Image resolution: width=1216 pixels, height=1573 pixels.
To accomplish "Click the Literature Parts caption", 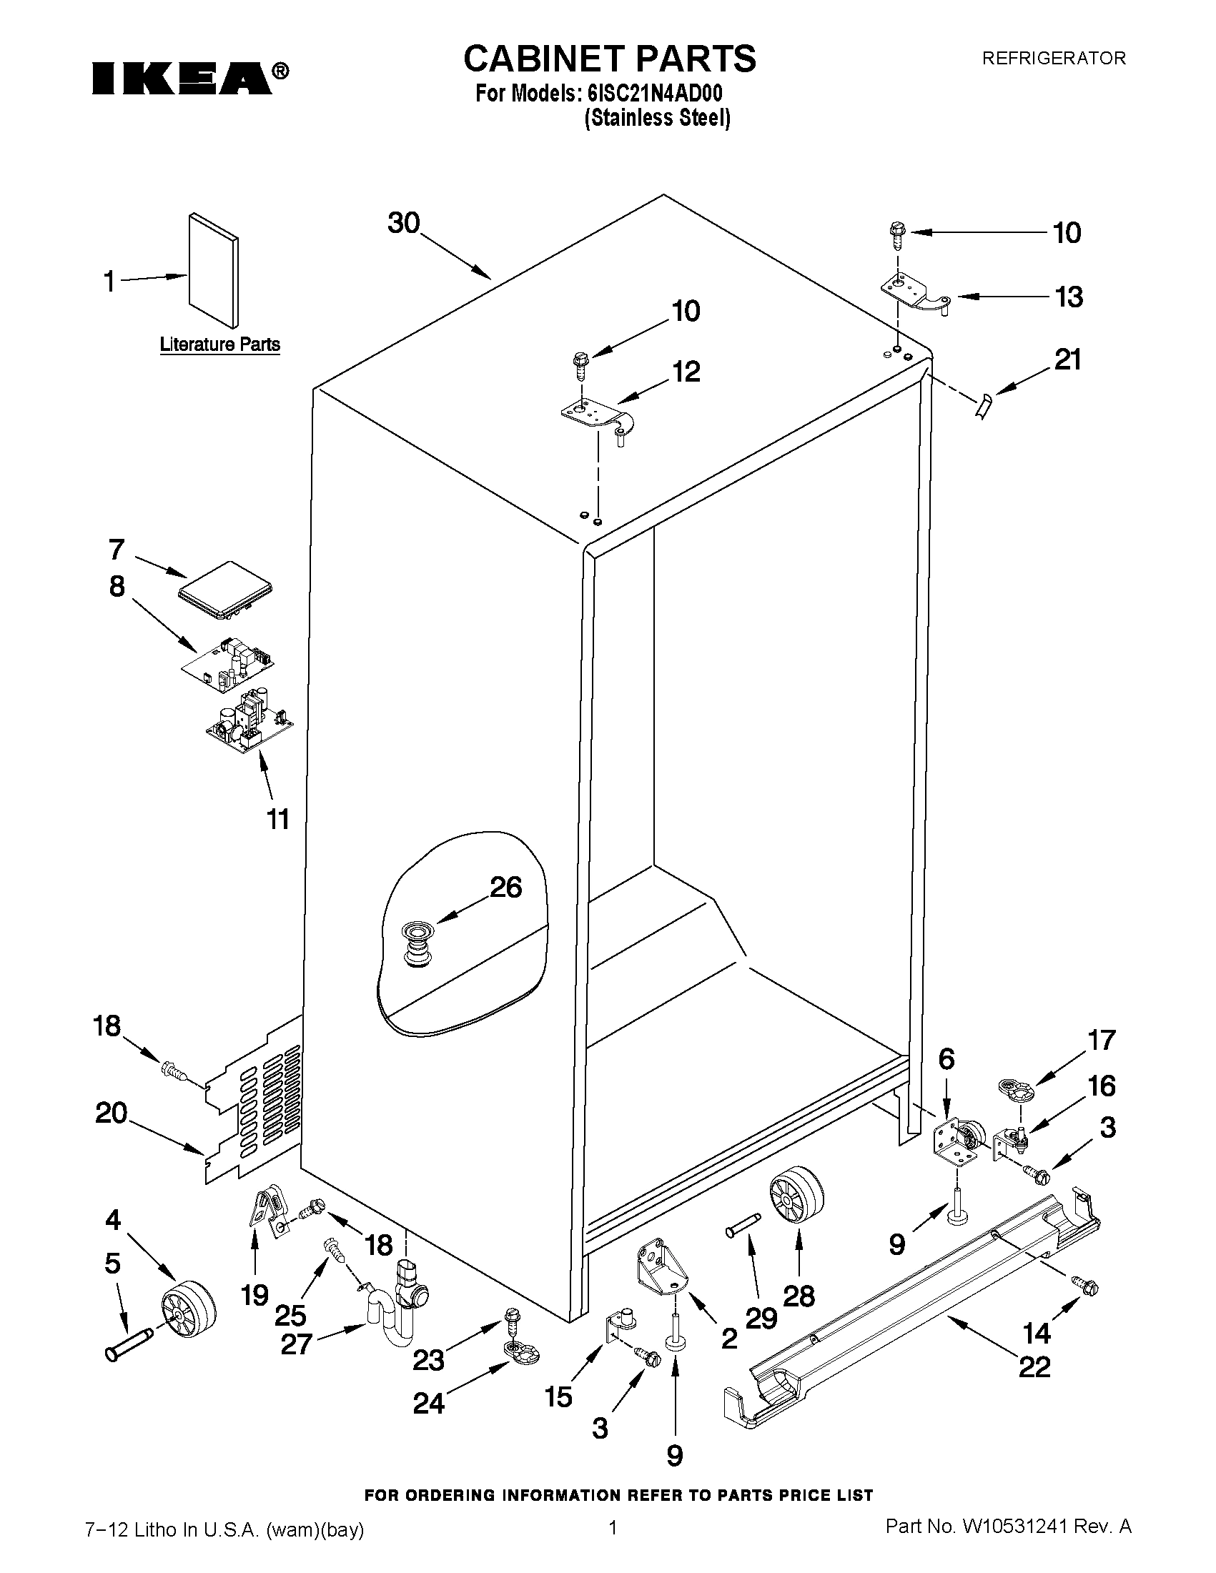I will pyautogui.click(x=219, y=344).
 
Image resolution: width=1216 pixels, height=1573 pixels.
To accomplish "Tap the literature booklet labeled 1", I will pyautogui.click(x=213, y=270).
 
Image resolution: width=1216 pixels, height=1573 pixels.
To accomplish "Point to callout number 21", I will pyautogui.click(x=1067, y=359).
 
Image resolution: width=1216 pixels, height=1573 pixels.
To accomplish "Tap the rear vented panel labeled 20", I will pyautogui.click(x=252, y=1102).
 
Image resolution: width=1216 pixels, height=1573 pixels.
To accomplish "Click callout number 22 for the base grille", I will pyautogui.click(x=1034, y=1366).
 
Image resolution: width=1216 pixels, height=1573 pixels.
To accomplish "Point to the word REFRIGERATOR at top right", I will pyautogui.click(x=1053, y=59).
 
